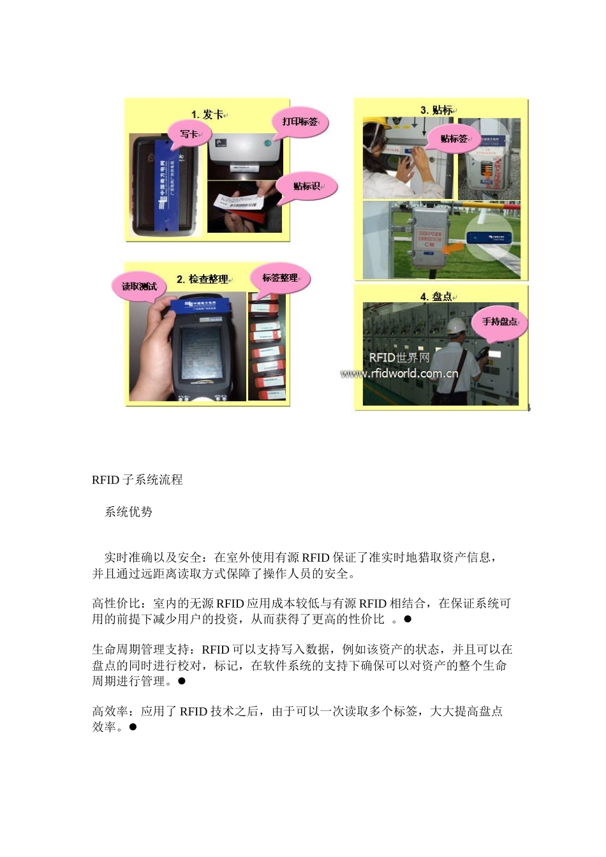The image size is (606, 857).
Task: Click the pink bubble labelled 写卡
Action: click(x=189, y=134)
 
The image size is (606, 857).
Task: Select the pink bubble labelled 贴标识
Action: click(x=306, y=186)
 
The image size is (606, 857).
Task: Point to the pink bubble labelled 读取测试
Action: click(x=140, y=286)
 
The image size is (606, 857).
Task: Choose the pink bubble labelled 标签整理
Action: click(x=281, y=278)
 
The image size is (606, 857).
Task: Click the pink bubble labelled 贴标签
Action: click(x=455, y=138)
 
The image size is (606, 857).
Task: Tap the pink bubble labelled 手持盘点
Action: click(x=500, y=321)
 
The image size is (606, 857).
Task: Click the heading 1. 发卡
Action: click(x=208, y=114)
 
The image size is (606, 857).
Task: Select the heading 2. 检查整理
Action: click(x=202, y=279)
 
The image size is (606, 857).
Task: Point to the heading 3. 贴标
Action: click(x=437, y=110)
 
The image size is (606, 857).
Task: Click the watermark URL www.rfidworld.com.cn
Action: click(x=399, y=374)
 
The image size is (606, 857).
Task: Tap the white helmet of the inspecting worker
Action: click(x=455, y=325)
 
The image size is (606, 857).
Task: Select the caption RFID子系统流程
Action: click(x=137, y=480)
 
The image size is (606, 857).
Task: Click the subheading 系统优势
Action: click(x=128, y=512)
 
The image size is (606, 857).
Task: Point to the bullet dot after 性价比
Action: click(x=408, y=619)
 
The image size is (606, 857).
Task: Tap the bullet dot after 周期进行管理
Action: click(x=181, y=681)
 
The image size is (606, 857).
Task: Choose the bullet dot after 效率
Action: click(x=133, y=727)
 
